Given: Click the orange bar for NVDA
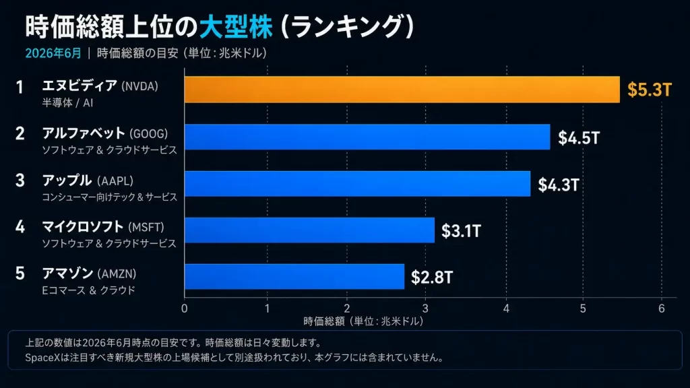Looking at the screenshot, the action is (402, 90).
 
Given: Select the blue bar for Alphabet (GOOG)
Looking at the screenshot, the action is (367, 137).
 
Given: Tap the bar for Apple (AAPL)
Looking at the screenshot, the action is (357, 183).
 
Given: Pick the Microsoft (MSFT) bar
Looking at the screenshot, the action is (309, 230).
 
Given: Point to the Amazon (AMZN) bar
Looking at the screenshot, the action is (294, 277).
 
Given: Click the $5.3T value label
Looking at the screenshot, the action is (650, 90).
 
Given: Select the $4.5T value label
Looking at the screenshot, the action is (579, 137).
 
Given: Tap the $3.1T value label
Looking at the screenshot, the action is (461, 231).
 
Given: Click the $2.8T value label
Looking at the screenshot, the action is (432, 278).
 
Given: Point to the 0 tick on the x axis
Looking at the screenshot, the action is (185, 309).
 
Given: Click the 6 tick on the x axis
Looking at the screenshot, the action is (662, 309).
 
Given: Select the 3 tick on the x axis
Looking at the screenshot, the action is (426, 309).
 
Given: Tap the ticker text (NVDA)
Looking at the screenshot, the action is (139, 86).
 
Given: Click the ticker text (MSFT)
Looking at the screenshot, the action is (146, 228).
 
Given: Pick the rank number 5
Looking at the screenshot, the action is (20, 273).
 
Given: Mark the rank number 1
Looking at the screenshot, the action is (20, 87).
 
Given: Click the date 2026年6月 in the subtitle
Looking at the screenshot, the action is (53, 53).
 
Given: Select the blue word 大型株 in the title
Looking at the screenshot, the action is (236, 27).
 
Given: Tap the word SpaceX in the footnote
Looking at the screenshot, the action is (42, 358).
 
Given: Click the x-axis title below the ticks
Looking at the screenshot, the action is (363, 321).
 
